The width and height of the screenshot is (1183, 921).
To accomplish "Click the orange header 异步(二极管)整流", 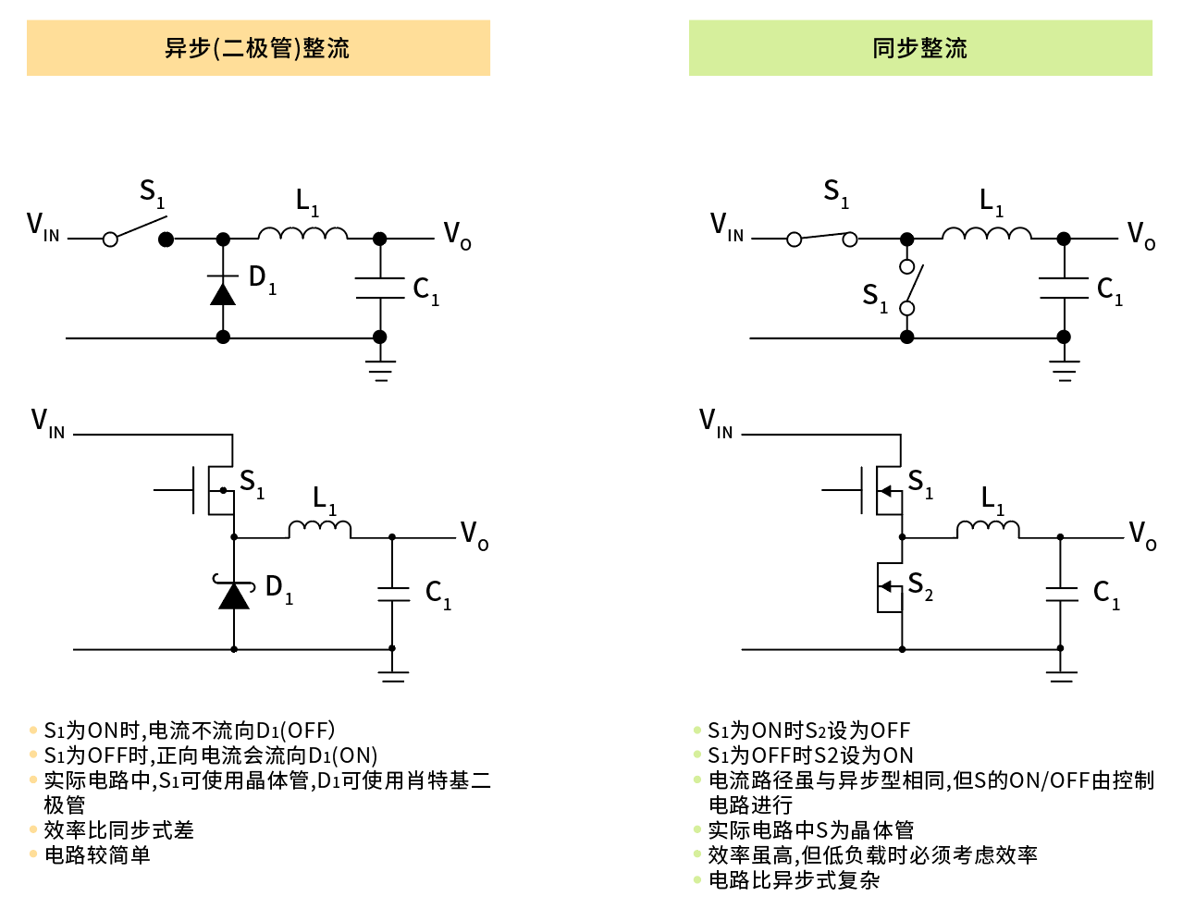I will click(258, 48).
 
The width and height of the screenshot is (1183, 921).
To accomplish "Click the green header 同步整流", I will click(920, 48).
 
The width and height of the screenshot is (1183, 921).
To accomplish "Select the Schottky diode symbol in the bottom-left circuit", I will click(234, 594).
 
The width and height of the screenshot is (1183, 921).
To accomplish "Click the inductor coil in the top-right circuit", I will click(987, 233).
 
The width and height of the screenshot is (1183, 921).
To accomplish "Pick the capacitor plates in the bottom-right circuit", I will click(1061, 594).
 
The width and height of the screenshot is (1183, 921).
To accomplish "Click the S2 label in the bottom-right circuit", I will click(920, 585).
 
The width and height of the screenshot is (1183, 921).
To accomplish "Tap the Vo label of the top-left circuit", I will click(457, 235).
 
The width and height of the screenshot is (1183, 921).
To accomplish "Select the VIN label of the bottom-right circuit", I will click(716, 424).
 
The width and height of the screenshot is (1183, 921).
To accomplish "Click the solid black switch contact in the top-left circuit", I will click(166, 239).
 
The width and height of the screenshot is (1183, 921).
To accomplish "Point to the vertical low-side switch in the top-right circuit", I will click(908, 288).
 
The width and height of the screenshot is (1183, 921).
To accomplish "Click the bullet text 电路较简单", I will click(97, 855).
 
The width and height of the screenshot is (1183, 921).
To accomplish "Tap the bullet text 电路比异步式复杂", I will click(794, 880).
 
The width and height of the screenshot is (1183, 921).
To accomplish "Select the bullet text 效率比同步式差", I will click(118, 830).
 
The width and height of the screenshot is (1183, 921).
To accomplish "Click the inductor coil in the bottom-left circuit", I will click(320, 529).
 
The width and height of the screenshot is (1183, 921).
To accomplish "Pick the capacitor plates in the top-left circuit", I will click(380, 288).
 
